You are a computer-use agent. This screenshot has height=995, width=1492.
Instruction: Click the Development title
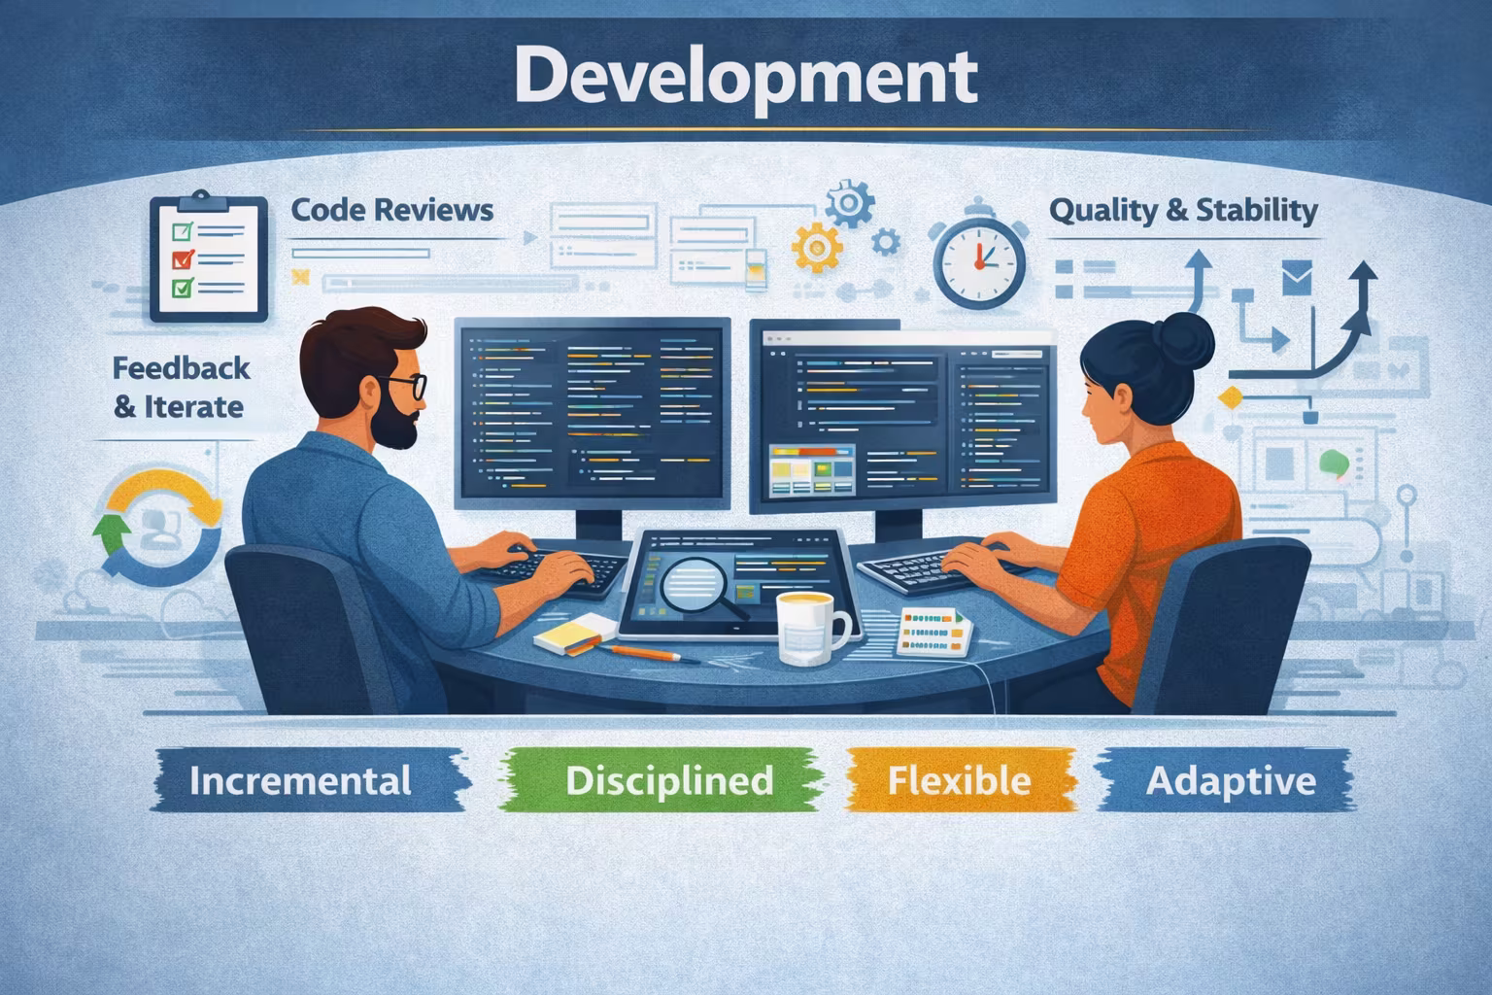[745, 76]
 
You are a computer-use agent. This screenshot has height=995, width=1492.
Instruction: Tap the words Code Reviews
[391, 210]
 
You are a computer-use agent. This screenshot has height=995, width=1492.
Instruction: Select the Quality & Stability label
[1183, 210]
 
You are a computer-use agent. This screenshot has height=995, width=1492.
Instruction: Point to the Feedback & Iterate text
[180, 387]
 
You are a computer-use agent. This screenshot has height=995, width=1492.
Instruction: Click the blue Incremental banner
[301, 780]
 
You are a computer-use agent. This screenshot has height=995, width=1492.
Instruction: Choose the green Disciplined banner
[669, 780]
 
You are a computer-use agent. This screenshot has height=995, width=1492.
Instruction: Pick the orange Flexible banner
[960, 780]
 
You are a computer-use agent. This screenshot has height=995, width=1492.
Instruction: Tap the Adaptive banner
[1231, 780]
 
